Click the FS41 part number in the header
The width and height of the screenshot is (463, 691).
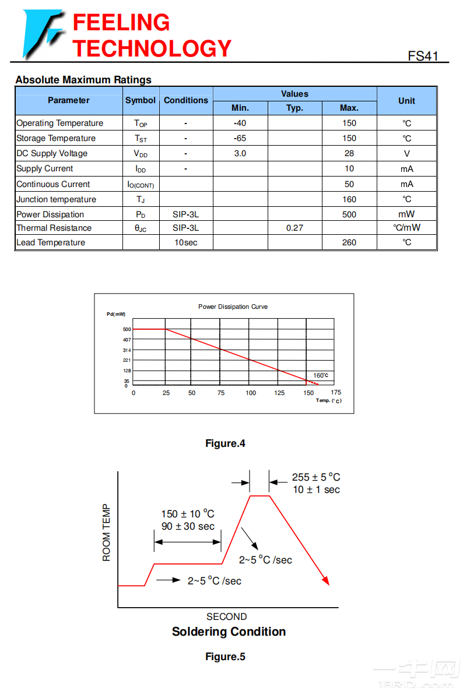pyautogui.click(x=423, y=56)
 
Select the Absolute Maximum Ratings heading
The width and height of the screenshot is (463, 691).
pyautogui.click(x=83, y=80)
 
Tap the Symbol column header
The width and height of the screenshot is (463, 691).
pyautogui.click(x=141, y=100)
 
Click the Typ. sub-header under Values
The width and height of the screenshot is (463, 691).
pyautogui.click(x=294, y=108)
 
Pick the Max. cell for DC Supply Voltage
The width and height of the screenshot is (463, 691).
pyautogui.click(x=349, y=153)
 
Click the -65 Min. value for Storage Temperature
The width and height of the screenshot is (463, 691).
pyautogui.click(x=240, y=138)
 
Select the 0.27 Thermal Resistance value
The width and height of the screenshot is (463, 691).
pyautogui.click(x=294, y=228)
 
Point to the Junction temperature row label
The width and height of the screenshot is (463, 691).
pyautogui.click(x=57, y=199)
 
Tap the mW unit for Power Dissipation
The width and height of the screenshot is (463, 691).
pyautogui.click(x=406, y=214)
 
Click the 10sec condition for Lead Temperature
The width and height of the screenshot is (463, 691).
pyautogui.click(x=185, y=242)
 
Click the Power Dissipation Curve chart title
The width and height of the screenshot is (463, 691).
pyautogui.click(x=233, y=306)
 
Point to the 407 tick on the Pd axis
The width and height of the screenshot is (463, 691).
pyautogui.click(x=127, y=340)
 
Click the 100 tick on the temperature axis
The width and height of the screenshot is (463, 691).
pyautogui.click(x=251, y=393)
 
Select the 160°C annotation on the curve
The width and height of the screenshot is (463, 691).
pyautogui.click(x=321, y=375)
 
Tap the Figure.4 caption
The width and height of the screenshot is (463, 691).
pyautogui.click(x=225, y=443)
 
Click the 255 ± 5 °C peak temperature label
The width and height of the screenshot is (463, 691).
pyautogui.click(x=316, y=477)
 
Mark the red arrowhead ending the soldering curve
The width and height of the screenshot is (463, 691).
pyautogui.click(x=326, y=580)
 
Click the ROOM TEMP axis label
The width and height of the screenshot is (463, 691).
pyautogui.click(x=106, y=533)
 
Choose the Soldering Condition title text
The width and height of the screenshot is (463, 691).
pyautogui.click(x=229, y=632)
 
